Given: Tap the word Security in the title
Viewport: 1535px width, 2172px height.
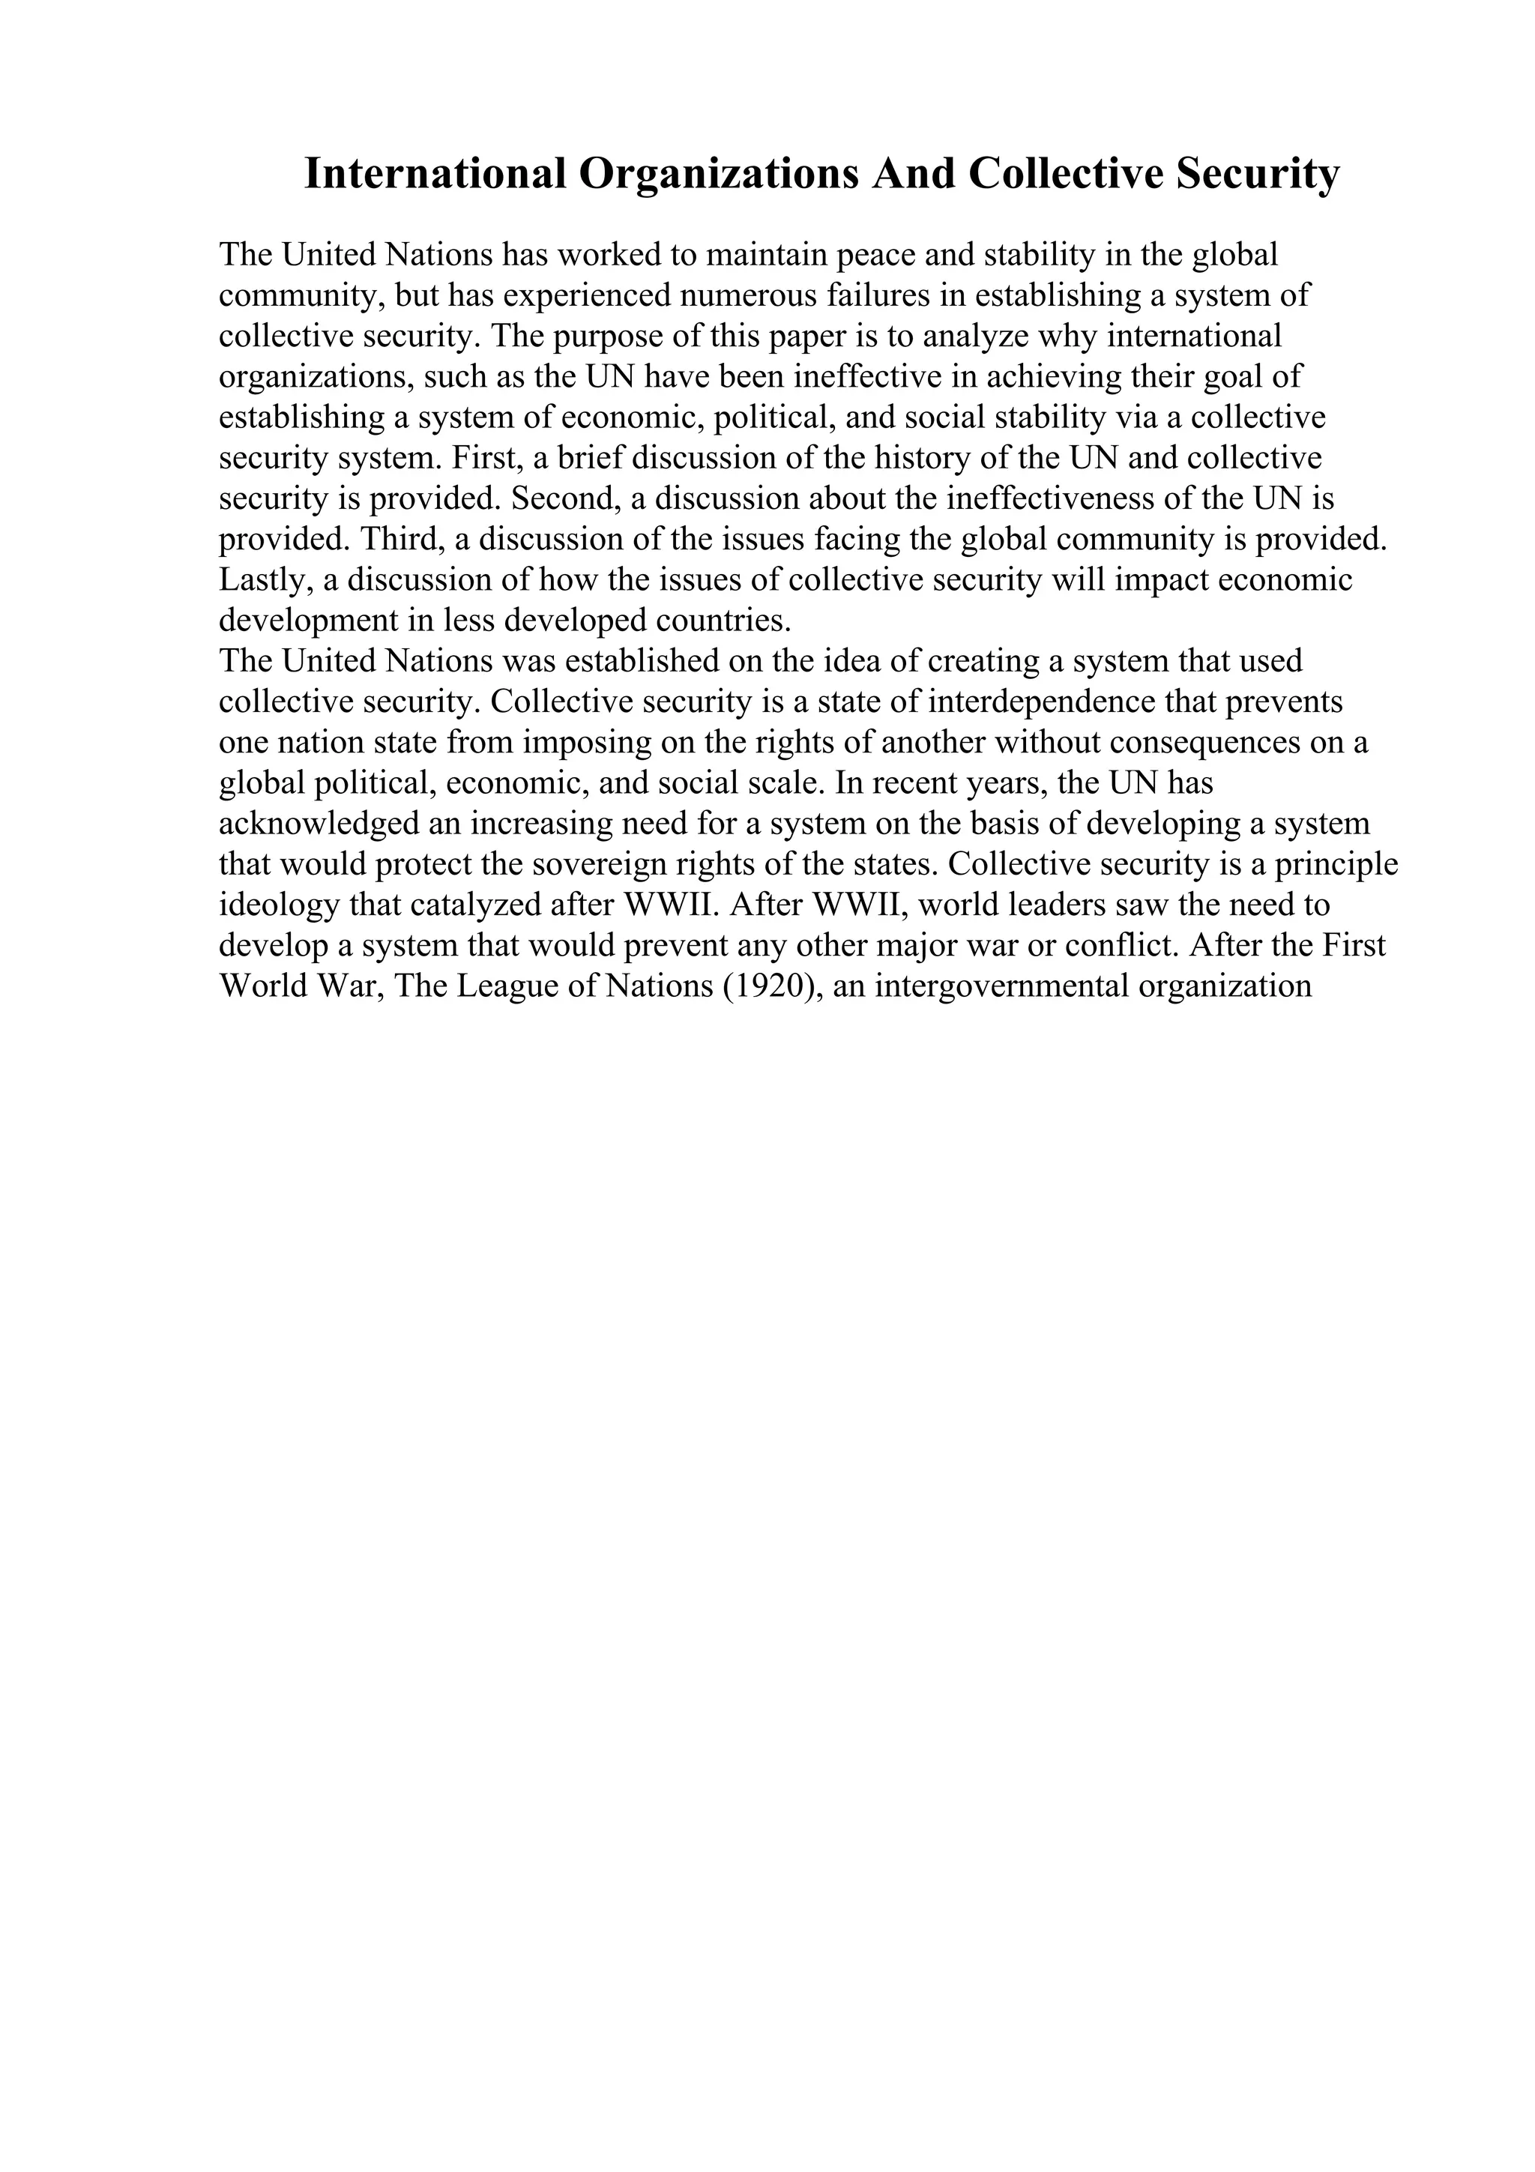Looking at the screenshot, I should point(1258,174).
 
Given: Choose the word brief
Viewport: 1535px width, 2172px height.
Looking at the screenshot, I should point(588,458).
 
